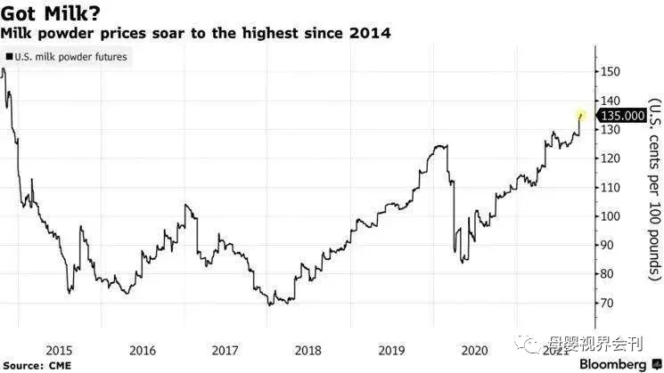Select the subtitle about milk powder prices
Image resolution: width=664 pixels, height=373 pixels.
click(195, 33)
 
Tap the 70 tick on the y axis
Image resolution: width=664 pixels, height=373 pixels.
click(609, 304)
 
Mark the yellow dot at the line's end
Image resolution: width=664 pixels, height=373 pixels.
click(581, 115)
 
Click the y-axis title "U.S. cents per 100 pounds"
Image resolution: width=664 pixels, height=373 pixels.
click(652, 190)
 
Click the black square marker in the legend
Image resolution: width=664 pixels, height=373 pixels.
click(9, 57)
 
